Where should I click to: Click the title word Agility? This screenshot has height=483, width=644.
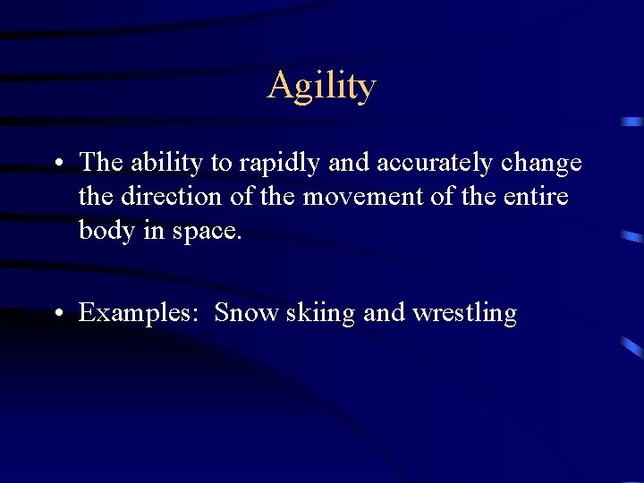[x=321, y=87]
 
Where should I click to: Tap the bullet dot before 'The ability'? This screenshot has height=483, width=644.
[x=57, y=164]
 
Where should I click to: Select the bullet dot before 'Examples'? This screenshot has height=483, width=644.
[x=57, y=314]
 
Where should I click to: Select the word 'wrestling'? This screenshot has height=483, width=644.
[x=464, y=313]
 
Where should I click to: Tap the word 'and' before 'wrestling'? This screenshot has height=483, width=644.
[x=384, y=313]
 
